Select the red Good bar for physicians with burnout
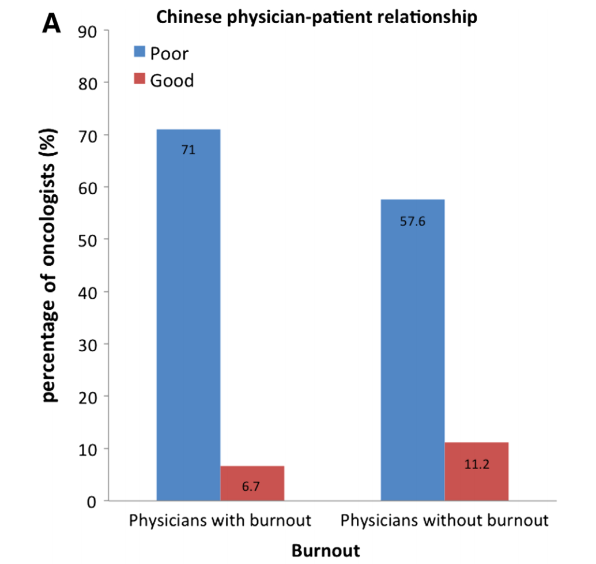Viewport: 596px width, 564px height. click(252, 483)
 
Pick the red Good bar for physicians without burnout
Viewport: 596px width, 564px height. click(476, 471)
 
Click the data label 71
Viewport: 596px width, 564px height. click(188, 151)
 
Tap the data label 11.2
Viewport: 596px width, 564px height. click(477, 464)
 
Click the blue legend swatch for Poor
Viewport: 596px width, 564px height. click(139, 53)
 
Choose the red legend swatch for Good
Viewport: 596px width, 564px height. click(139, 80)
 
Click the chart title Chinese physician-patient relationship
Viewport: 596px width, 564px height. click(317, 17)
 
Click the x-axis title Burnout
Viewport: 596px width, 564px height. click(326, 550)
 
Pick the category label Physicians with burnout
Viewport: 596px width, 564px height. click(220, 521)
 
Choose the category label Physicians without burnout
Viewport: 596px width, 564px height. click(444, 521)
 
